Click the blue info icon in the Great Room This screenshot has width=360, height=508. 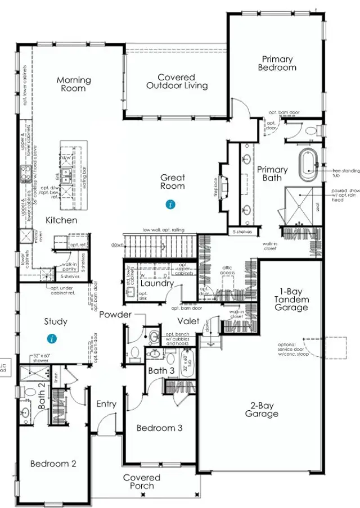tap(170, 205)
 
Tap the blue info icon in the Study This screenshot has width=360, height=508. tap(52, 339)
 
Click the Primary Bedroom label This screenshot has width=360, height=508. tap(277, 63)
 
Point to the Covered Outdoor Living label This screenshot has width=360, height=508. tap(177, 81)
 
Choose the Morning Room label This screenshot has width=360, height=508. tap(74, 84)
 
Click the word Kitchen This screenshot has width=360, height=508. tap(61, 220)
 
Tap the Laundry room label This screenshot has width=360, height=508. tap(145, 284)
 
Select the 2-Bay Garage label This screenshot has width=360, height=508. tap(262, 410)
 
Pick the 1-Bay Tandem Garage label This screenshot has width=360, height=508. tap(291, 300)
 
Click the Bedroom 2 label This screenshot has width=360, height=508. tap(53, 464)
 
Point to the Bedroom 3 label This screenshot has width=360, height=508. tap(160, 428)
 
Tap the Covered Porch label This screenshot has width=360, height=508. tap(142, 481)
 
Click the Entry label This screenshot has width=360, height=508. tap(106, 404)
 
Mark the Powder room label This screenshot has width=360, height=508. tap(115, 315)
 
